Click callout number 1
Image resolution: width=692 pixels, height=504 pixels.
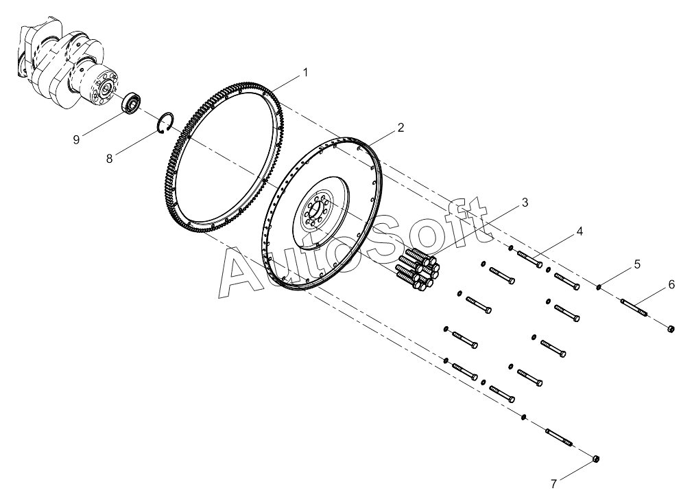coord(305,72)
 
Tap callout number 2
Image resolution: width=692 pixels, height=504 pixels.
coord(401,128)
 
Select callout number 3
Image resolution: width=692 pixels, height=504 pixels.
coord(525,203)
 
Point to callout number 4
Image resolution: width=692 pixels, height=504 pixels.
coord(580,231)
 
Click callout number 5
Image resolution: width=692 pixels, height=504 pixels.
coord(637,264)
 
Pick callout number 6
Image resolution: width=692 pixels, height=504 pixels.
coord(671,284)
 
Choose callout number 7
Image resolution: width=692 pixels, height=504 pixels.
coord(553,484)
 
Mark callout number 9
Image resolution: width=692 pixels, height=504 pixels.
coord(77,139)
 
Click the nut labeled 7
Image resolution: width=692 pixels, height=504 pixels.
coord(596,457)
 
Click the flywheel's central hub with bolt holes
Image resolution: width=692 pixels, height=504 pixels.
coord(315,214)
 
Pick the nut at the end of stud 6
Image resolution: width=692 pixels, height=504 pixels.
coord(670,330)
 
